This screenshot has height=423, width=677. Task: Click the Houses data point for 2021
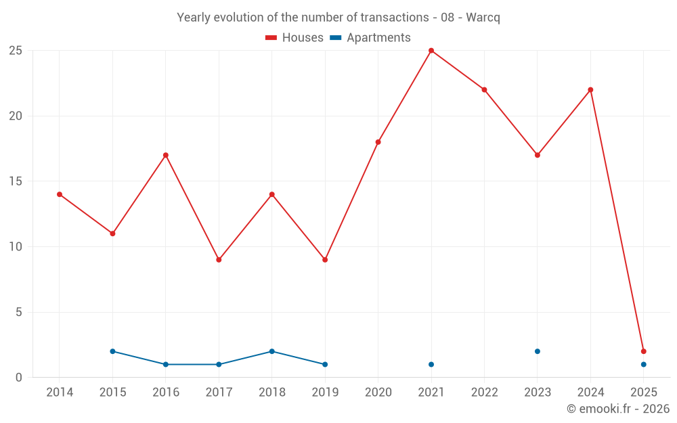431,51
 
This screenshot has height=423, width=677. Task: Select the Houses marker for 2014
60,194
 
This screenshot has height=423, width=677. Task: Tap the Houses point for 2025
643,351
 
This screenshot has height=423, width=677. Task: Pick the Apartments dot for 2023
538,351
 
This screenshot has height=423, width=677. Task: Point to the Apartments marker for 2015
112,351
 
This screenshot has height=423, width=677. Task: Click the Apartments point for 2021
431,364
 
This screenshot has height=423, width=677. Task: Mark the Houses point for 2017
219,260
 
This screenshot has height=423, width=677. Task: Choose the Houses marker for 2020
378,142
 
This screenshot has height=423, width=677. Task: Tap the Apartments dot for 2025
643,364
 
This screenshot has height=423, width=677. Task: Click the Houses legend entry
294,38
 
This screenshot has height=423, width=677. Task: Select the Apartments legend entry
370,38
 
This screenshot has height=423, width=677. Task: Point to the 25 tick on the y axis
16,51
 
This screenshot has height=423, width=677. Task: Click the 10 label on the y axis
16,247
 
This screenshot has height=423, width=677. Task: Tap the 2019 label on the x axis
325,393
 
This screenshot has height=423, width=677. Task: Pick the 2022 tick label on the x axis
484,393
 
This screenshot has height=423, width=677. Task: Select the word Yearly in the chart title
193,18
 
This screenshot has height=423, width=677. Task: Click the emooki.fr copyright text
617,409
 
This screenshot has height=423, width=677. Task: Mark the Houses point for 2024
590,90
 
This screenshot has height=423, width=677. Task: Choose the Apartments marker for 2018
271,351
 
